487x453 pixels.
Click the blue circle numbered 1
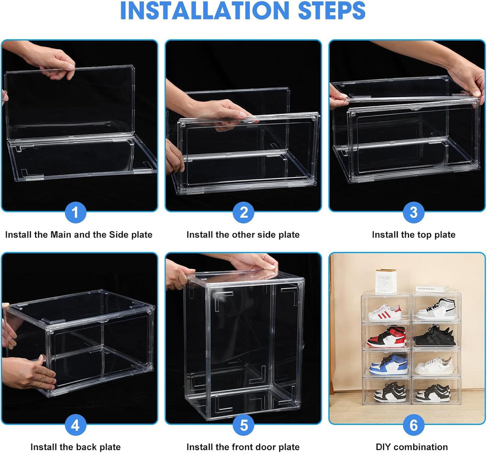pos(78,211)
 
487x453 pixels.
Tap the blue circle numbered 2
pos(243,211)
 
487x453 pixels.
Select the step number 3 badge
pos(413,211)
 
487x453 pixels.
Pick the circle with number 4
pos(75,424)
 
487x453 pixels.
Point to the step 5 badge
pos(243,424)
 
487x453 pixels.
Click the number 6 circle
pos(413,424)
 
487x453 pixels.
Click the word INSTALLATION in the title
pos(200,11)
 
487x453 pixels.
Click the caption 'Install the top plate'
pos(413,234)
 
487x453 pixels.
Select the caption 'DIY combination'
pos(412,447)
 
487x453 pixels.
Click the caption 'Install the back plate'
pos(75,447)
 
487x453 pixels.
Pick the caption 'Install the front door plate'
pos(243,447)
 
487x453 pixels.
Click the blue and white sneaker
pos(389,365)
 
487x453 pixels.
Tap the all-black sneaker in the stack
pos(435,336)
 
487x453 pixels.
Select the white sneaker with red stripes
pos(385,313)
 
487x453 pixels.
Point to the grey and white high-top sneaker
pos(437,309)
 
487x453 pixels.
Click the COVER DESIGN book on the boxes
pos(432,289)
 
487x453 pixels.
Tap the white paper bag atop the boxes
pos(386,281)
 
